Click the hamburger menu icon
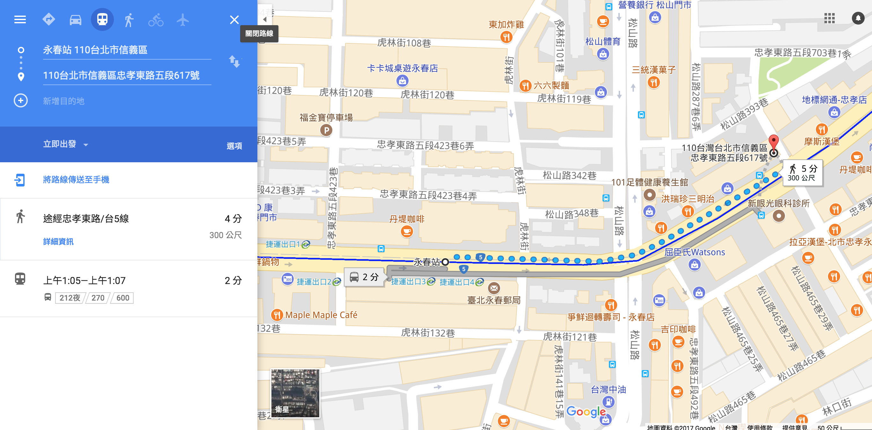(20, 20)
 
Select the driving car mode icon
(75, 20)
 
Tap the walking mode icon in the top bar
(129, 20)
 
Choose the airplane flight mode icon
(182, 20)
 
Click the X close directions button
(234, 20)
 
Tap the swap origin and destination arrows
(234, 62)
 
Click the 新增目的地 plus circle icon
(21, 101)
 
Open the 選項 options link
(234, 146)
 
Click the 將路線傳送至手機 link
(76, 180)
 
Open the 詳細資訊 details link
(58, 242)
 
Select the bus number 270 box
(98, 298)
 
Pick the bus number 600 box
(122, 298)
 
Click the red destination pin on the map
(773, 142)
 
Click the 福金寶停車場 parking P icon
(326, 130)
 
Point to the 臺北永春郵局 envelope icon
(494, 288)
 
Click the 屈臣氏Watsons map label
(694, 252)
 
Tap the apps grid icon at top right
(829, 18)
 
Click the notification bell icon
(858, 18)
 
